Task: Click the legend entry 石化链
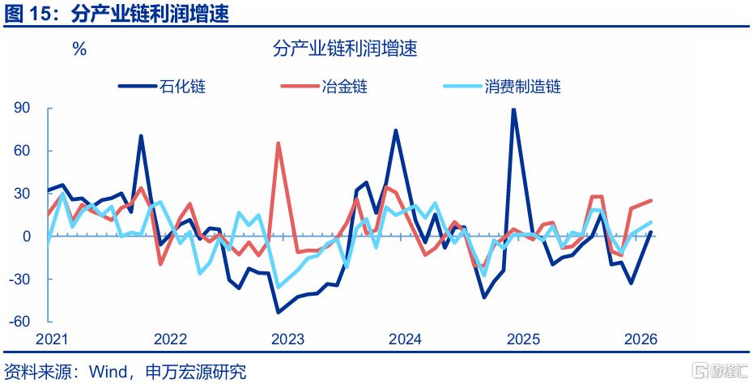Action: coord(162,87)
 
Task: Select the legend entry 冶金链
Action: coord(325,87)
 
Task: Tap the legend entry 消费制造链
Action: coord(502,87)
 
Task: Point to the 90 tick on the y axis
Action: coord(22,108)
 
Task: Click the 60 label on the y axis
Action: coord(22,151)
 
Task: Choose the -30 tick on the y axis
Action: coord(19,279)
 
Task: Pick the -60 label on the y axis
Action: coord(19,322)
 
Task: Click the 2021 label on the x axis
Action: coord(53,339)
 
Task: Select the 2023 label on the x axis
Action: coord(287,339)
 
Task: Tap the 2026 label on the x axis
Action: coord(640,339)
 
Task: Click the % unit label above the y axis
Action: coord(79,49)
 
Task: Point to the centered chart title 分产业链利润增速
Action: coord(345,49)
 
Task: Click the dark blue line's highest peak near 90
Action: coord(513,109)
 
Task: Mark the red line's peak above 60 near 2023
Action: coord(278,143)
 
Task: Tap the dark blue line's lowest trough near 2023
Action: coord(278,313)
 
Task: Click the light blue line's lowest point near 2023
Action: coord(278,288)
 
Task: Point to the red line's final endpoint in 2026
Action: coord(651,200)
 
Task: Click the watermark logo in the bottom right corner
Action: coord(721,370)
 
